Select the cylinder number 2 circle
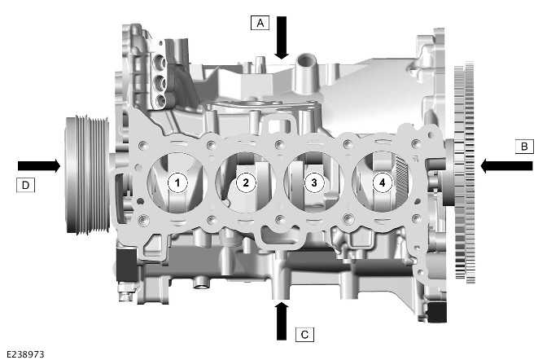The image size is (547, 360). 245,182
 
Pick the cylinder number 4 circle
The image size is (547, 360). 380,182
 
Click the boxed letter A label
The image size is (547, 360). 259,23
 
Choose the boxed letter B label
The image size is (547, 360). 523,147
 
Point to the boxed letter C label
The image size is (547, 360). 303,334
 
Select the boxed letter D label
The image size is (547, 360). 25,185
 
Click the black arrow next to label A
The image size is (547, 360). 282,36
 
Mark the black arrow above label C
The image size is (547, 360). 282,320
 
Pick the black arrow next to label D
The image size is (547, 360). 38,165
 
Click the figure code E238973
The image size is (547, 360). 25,353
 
